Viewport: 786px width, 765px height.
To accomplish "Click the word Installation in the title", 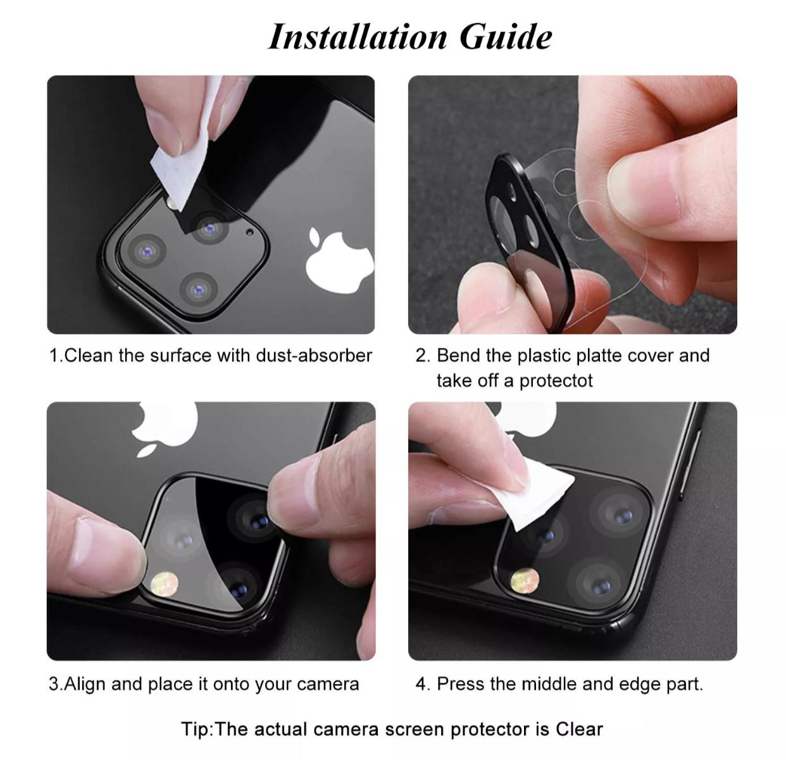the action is pos(358,37).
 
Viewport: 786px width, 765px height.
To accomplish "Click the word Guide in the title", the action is pos(506,37).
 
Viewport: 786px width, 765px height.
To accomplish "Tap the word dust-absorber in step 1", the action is pos(314,356).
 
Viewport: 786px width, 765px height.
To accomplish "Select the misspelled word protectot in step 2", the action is pos(556,381).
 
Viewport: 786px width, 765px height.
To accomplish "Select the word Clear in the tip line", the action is pos(579,730).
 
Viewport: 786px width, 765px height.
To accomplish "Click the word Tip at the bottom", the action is pos(195,730).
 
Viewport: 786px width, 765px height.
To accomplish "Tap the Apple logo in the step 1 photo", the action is pos(339,259).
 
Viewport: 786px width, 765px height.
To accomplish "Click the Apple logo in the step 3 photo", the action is pos(165,428).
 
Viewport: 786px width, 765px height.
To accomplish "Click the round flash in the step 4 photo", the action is pos(525,582).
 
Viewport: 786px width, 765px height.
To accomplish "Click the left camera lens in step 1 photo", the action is pos(146,251).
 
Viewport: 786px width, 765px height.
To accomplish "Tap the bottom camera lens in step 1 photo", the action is pos(199,290).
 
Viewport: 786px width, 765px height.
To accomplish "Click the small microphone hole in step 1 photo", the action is pos(250,232).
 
